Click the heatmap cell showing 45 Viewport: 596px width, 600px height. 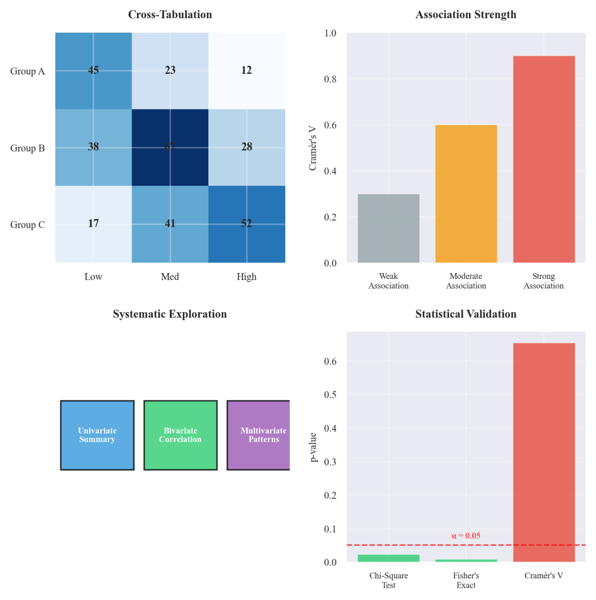click(93, 71)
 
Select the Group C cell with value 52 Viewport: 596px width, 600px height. click(246, 224)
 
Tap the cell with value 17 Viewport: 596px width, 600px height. click(93, 224)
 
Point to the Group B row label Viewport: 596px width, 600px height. click(28, 148)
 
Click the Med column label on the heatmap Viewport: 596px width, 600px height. click(170, 277)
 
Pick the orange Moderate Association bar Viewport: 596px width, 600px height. click(466, 194)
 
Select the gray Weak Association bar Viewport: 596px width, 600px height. click(388, 228)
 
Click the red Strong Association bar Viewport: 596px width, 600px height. click(543, 159)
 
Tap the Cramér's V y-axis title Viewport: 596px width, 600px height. click(313, 148)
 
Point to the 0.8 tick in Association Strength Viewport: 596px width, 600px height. click(332, 79)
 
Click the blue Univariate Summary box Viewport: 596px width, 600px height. click(97, 435)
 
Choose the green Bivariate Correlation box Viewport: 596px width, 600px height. click(180, 435)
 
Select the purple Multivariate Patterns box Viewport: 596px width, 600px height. click(258, 435)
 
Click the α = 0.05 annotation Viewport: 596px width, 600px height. click(466, 536)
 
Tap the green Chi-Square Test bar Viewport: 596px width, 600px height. click(388, 558)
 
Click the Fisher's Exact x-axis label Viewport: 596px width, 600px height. click(466, 581)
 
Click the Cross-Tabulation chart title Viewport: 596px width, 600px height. click(170, 15)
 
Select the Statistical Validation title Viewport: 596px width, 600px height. click(466, 314)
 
